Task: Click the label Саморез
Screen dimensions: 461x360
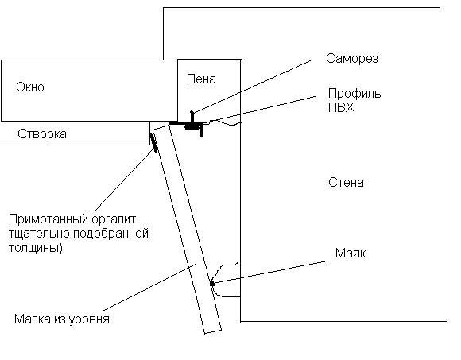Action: click(351, 59)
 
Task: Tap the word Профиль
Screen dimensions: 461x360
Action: click(354, 94)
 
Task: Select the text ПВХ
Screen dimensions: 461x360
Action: click(341, 107)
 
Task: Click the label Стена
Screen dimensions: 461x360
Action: click(346, 183)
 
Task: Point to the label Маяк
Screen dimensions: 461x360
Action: click(351, 253)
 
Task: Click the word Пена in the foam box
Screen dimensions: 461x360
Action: click(201, 79)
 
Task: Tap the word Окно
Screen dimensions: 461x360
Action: click(30, 87)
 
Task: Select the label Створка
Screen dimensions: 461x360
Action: click(42, 134)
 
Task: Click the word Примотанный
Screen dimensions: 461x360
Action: click(48, 219)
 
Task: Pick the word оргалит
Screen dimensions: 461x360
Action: click(114, 219)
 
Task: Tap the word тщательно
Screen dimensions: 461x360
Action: click(39, 234)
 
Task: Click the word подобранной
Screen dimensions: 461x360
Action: click(110, 234)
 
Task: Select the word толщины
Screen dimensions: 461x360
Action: click(36, 248)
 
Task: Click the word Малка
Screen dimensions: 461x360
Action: click(33, 319)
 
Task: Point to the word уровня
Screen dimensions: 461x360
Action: click(89, 320)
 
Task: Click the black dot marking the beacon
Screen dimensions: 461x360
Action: click(211, 284)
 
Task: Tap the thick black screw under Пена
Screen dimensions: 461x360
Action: click(192, 120)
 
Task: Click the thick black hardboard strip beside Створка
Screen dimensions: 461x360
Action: click(153, 142)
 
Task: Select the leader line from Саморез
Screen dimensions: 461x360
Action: click(252, 87)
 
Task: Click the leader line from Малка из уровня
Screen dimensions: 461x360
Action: click(149, 288)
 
